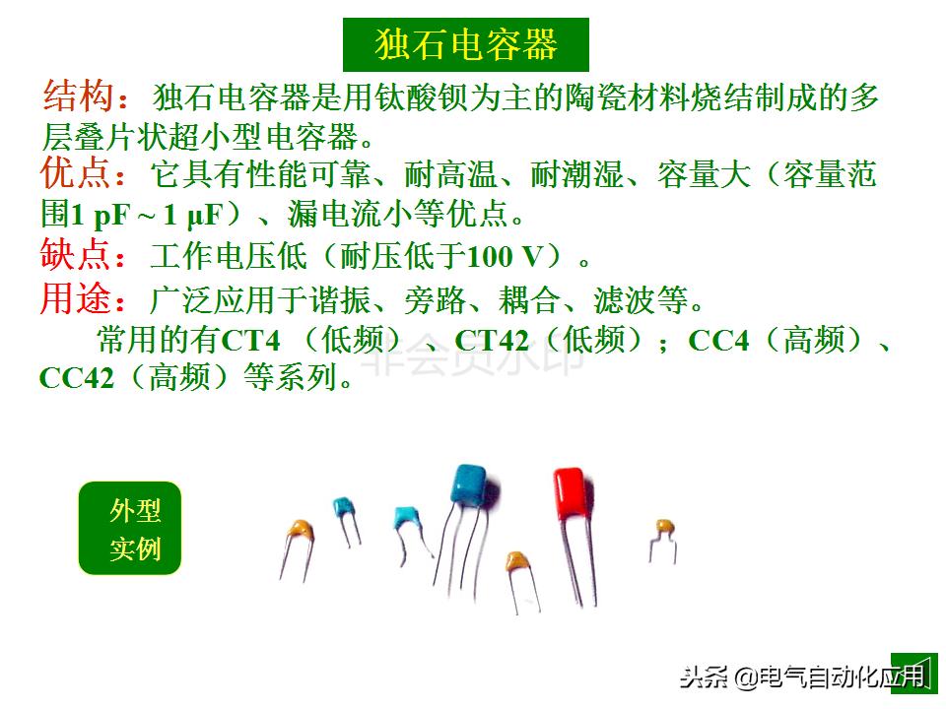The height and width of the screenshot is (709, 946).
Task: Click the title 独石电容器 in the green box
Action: (466, 44)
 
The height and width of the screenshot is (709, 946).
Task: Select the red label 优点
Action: (75, 175)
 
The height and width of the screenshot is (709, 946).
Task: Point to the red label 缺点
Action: (75, 256)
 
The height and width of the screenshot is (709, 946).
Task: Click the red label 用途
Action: (75, 297)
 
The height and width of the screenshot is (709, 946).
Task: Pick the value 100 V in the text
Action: (506, 258)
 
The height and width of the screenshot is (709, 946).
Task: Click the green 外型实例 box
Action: (130, 529)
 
